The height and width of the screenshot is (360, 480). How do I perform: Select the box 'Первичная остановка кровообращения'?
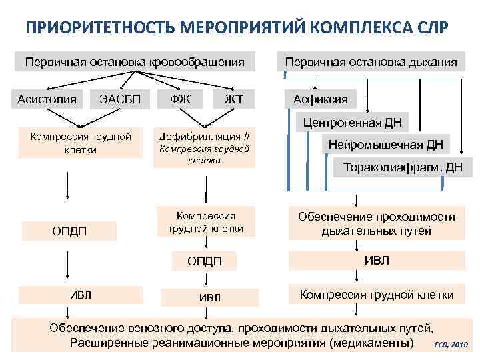tap(134, 62)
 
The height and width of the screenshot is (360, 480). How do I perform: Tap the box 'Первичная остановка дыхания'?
tap(371, 62)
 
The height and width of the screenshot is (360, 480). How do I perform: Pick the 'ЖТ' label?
tap(234, 99)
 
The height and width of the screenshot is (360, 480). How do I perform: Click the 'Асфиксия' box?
tap(321, 99)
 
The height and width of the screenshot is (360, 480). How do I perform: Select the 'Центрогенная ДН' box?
tap(353, 122)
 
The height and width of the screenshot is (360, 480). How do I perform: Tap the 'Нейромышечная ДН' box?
tap(385, 144)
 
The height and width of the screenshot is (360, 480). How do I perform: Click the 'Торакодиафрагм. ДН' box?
tap(402, 167)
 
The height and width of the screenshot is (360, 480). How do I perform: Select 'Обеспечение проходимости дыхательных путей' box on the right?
tap(377, 224)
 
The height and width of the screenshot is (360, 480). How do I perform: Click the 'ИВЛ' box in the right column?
tap(377, 261)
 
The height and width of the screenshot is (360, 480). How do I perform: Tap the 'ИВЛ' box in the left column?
tap(81, 295)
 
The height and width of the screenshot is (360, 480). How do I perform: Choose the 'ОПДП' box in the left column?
tap(69, 231)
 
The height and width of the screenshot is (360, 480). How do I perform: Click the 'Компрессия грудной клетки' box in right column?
tap(377, 295)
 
